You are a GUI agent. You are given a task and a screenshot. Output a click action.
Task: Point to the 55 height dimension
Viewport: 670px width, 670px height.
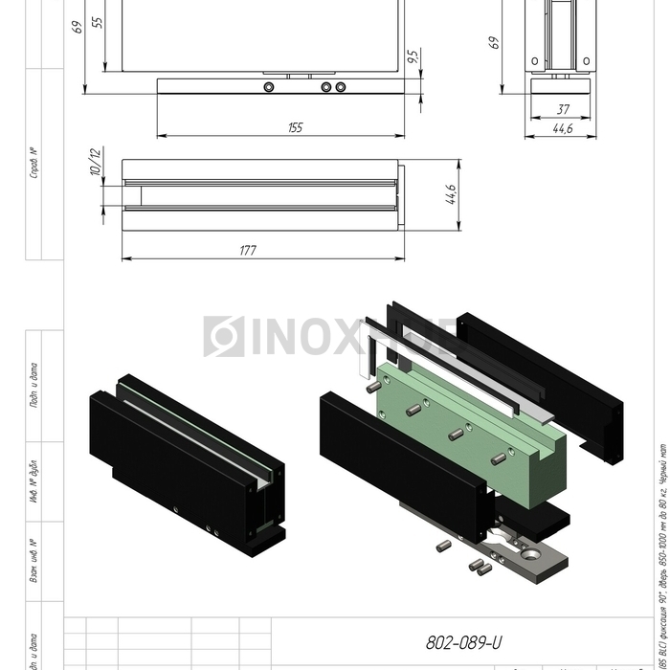tap(97, 22)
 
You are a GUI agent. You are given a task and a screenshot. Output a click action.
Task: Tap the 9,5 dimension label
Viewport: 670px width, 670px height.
tap(413, 57)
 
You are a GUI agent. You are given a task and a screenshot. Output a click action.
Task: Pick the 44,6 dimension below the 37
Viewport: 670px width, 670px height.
tap(562, 128)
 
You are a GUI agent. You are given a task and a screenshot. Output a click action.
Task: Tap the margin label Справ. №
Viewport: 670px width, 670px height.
tap(34, 163)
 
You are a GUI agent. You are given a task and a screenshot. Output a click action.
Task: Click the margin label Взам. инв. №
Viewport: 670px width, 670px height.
tap(34, 563)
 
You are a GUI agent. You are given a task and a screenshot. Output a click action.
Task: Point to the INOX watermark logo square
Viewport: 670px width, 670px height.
tap(224, 336)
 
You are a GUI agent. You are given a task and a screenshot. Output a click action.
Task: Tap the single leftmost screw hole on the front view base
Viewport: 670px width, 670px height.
tap(269, 86)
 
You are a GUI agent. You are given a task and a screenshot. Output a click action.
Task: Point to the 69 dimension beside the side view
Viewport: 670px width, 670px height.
tap(495, 43)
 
